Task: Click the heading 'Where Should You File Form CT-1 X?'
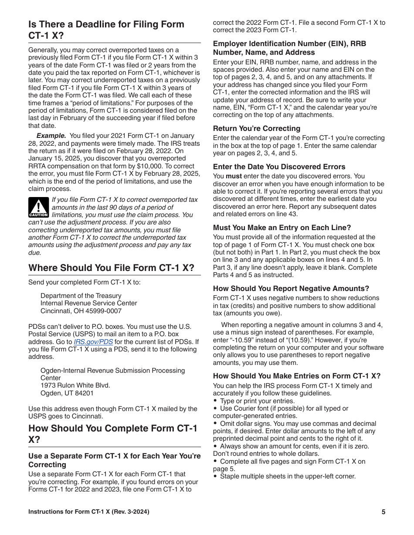(111, 267)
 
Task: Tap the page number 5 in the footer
(383, 512)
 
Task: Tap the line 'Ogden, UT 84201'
(67, 393)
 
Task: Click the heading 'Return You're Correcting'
(256, 128)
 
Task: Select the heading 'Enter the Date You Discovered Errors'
(279, 167)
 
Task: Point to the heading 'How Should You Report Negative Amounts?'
(291, 288)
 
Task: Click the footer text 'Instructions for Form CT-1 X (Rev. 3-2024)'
(88, 512)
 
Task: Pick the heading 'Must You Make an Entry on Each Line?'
(282, 227)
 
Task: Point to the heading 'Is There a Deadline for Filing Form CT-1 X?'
(106, 30)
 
